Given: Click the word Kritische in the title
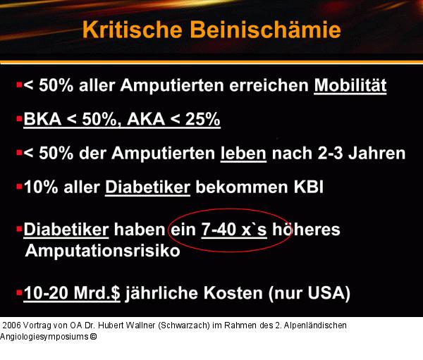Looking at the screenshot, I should tap(129, 30).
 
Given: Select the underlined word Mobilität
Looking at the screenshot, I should tap(350, 85).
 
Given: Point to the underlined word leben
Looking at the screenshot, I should tap(243, 153).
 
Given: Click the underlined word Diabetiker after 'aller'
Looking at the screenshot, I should tap(147, 187).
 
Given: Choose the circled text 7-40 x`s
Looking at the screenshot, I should tap(233, 230).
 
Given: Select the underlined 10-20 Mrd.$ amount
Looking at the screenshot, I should tap(72, 293).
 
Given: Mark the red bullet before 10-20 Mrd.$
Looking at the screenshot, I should tap(18, 291).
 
